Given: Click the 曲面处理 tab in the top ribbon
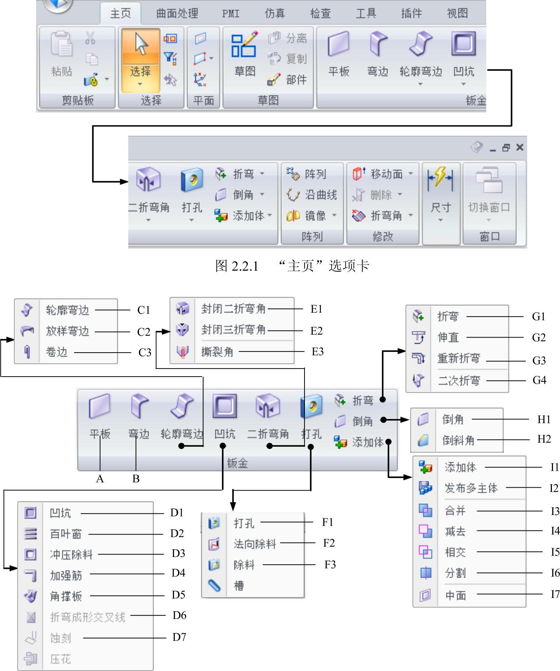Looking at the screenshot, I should tap(177, 13).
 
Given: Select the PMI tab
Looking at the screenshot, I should tap(231, 14).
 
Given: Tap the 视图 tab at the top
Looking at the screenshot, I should tap(457, 13).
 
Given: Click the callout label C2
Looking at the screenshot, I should tap(143, 332).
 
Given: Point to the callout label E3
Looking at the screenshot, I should tap(317, 352).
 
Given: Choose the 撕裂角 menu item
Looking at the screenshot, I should tap(217, 352).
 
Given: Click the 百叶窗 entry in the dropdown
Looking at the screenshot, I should tap(66, 533).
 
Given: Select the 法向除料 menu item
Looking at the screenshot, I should tap(254, 543).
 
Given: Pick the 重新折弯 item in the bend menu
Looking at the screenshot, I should tap(459, 358).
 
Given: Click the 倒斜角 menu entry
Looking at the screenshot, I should tap(458, 440).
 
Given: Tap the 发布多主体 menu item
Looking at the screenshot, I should tap(471, 488).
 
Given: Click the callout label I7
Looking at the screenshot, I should tap(555, 594).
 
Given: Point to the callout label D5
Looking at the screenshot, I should tap(178, 595).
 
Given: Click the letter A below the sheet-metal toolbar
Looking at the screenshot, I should tap(100, 478).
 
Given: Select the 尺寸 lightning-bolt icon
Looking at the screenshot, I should tap(440, 178).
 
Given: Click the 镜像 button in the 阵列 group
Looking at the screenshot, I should tap(312, 215).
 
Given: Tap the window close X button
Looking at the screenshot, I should tap(520, 147).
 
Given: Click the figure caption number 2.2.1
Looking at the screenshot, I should tap(245, 266).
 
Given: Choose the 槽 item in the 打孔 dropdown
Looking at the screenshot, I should tap(239, 585).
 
